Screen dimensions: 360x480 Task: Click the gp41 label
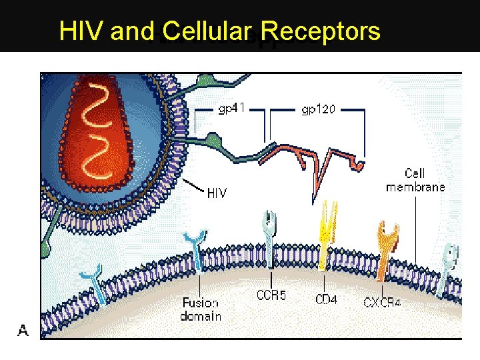pos(233,108)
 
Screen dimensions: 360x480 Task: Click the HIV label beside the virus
pos(217,193)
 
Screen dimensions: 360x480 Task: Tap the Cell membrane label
pos(415,180)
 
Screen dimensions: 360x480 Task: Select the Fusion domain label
pos(201,310)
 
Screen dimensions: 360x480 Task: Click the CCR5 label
pos(271,295)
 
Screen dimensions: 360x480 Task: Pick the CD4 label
pos(326,300)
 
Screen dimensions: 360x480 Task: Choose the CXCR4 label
pos(382,303)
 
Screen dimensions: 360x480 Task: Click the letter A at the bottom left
pos(23,330)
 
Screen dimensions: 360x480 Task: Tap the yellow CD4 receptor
pos(326,230)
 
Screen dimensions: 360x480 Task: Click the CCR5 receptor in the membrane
pos(270,240)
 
